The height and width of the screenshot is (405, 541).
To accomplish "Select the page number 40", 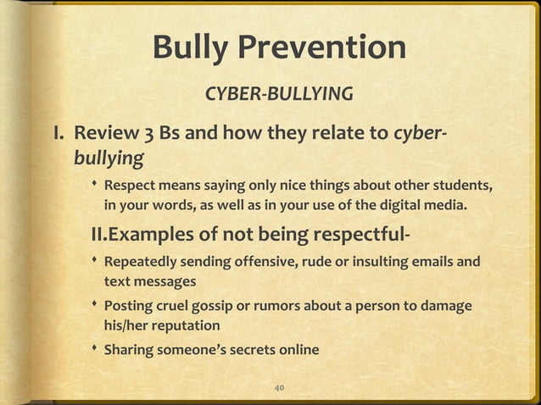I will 279,387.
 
